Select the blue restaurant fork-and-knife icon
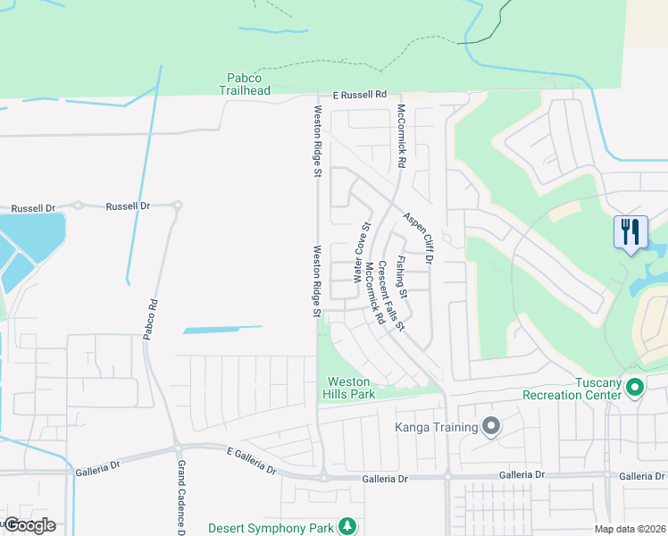coord(631,232)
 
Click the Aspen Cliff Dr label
coord(416,238)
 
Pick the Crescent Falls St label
coord(392,294)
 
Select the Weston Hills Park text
coord(349,388)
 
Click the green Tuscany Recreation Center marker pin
coord(635,387)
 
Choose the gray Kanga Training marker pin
coord(490,426)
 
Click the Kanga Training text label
coord(437,427)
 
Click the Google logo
coord(29,525)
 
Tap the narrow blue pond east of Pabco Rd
coord(222,330)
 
